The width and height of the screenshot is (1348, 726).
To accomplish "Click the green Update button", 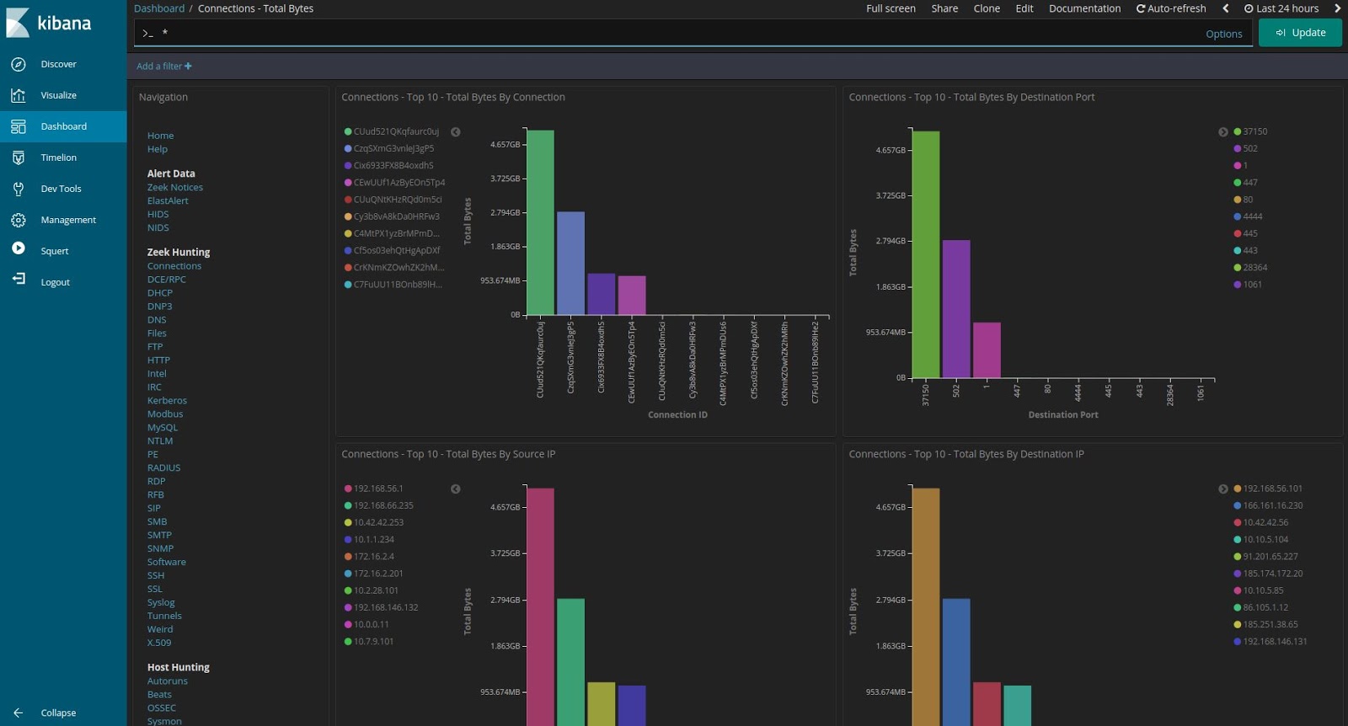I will (x=1300, y=33).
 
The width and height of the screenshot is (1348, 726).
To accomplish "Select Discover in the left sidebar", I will (x=58, y=64).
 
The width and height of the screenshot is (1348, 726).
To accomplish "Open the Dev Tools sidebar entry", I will (x=61, y=189).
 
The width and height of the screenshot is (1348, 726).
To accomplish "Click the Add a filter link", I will (x=163, y=67).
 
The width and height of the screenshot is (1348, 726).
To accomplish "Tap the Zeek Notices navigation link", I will (x=174, y=188).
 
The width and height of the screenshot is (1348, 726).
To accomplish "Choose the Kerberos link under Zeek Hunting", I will (x=167, y=401).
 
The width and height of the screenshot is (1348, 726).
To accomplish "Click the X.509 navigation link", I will (x=158, y=643).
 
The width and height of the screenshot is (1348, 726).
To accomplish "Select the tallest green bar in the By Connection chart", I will (x=540, y=222).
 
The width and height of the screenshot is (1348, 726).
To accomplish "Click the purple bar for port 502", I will (x=955, y=308).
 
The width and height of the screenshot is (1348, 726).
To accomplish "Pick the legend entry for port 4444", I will (x=1252, y=216).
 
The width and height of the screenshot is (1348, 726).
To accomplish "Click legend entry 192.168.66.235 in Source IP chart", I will (x=382, y=505).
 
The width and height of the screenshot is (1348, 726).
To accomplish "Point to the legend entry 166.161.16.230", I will (x=1272, y=505).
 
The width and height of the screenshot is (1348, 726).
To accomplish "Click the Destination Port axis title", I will (x=1062, y=414).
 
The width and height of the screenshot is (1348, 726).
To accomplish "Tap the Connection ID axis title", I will (x=677, y=414).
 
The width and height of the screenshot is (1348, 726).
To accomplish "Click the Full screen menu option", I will (x=891, y=8).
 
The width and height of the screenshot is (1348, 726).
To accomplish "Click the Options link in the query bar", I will (x=1223, y=34).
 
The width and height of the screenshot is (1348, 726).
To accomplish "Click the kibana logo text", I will (x=64, y=24).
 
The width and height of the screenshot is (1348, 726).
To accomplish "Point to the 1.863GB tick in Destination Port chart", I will (x=890, y=287).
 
